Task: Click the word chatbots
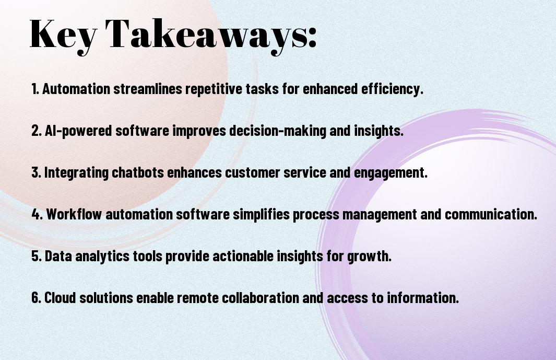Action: coord(138,172)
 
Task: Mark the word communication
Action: coord(491,214)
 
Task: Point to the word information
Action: coord(422,297)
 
